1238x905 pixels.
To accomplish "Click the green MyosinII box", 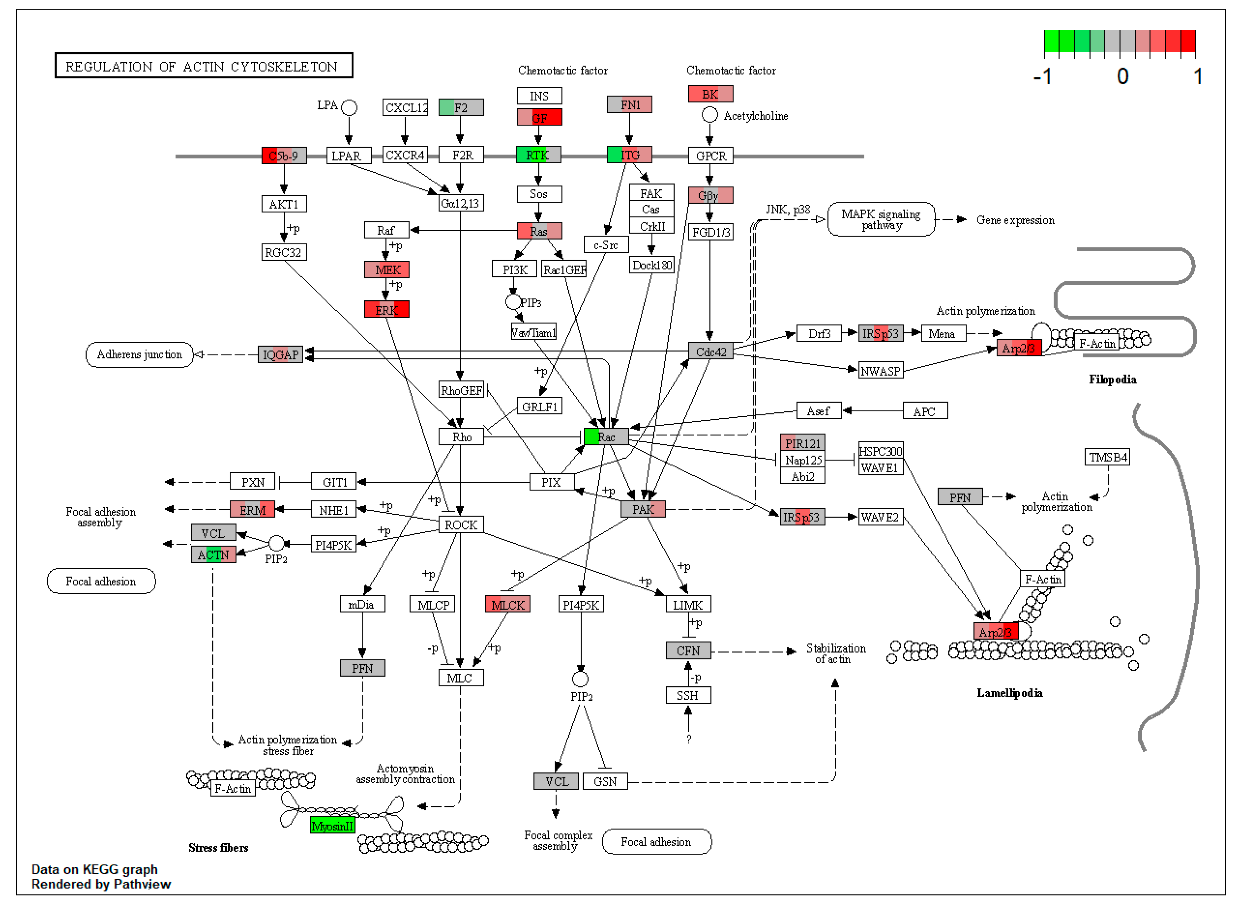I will pyautogui.click(x=332, y=826).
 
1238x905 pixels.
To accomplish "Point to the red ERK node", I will pyautogui.click(x=386, y=310).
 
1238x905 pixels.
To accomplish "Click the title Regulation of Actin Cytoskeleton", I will pyautogui.click(x=203, y=66).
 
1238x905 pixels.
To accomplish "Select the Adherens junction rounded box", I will pyautogui.click(x=139, y=354).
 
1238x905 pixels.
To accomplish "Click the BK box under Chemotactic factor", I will pyautogui.click(x=710, y=94).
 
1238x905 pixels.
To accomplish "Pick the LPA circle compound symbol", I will pyautogui.click(x=349, y=107).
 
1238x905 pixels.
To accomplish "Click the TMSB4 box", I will pyautogui.click(x=1107, y=457).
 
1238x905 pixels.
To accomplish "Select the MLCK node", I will pyautogui.click(x=508, y=604).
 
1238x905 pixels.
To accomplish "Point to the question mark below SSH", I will pyautogui.click(x=688, y=739).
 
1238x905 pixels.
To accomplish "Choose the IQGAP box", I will pyautogui.click(x=280, y=354).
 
